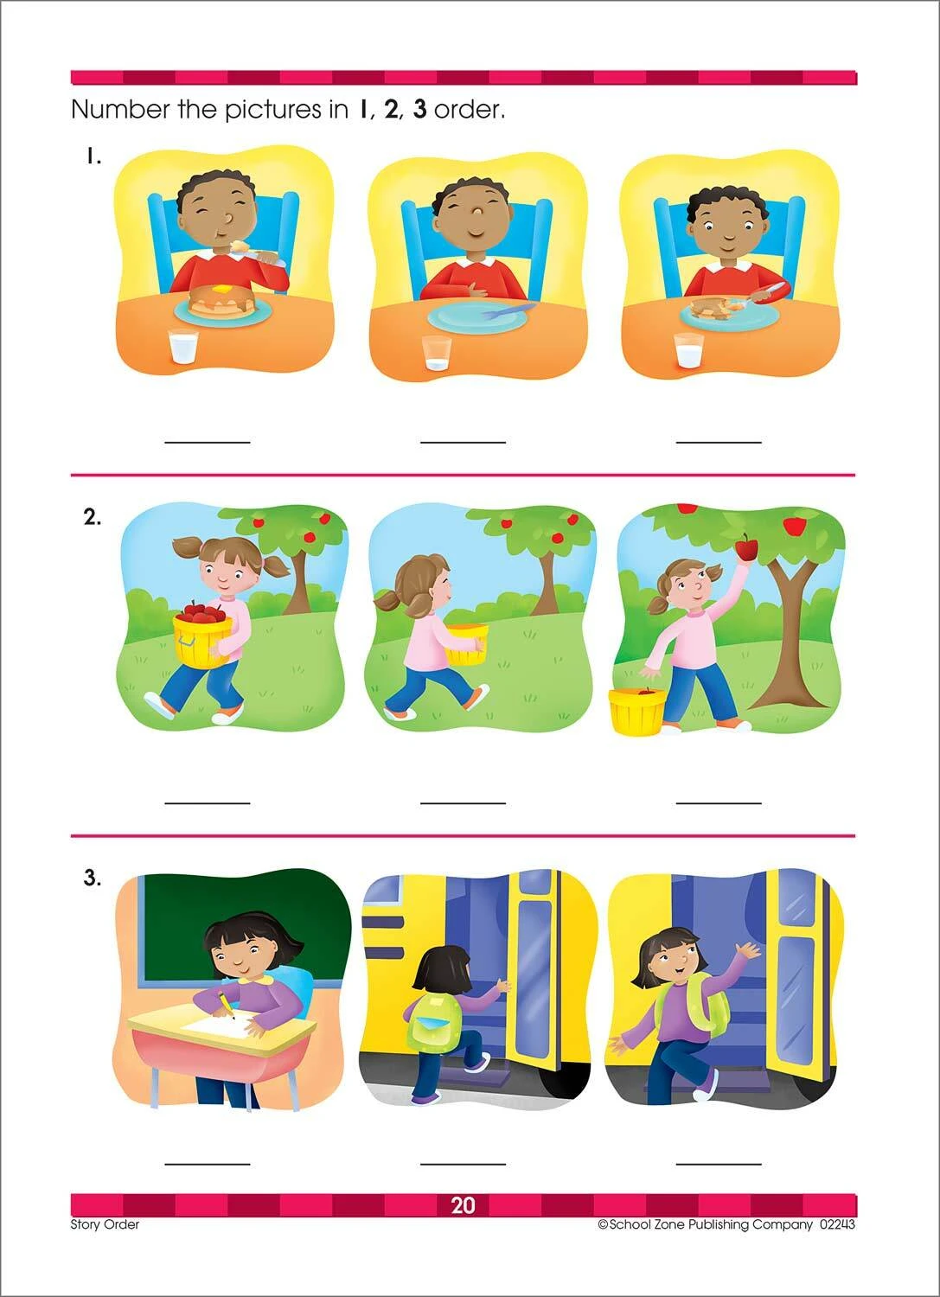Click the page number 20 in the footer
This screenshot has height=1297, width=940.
[463, 1205]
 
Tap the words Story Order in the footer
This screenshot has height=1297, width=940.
[105, 1224]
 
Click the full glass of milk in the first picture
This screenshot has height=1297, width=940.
[183, 348]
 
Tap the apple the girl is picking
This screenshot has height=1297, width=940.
[745, 546]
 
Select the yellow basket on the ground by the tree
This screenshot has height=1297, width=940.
[636, 712]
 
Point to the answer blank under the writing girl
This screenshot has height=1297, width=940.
[208, 1163]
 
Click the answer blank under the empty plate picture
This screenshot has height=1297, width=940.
[463, 441]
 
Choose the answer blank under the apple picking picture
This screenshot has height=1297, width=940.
[718, 802]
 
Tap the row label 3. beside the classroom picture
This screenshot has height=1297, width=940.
[92, 879]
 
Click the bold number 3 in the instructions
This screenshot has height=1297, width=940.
[419, 110]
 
